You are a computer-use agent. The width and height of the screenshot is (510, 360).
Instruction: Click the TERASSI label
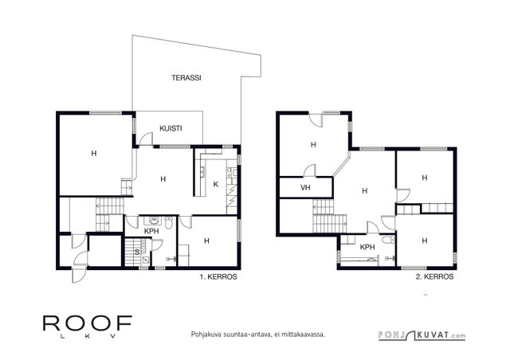click(x=186, y=78)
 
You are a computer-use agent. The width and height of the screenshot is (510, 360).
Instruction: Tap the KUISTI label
click(x=171, y=128)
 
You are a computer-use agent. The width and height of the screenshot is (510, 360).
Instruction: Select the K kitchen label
click(x=216, y=185)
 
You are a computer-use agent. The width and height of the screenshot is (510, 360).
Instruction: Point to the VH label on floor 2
click(x=305, y=188)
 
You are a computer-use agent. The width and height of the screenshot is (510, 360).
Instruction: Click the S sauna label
click(x=137, y=252)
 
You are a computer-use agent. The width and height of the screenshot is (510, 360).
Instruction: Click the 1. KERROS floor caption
click(x=218, y=277)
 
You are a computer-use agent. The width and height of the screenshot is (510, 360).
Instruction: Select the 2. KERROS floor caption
click(x=434, y=276)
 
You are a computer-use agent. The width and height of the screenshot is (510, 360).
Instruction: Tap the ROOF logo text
click(x=88, y=323)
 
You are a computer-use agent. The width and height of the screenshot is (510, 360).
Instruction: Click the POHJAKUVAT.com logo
click(x=422, y=335)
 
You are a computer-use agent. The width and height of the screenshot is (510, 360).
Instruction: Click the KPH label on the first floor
click(x=151, y=231)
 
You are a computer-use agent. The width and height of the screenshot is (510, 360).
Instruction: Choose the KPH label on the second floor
click(x=367, y=247)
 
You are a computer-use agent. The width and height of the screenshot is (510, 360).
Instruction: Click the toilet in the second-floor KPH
click(x=388, y=240)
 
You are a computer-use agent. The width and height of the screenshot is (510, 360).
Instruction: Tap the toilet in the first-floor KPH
click(x=169, y=223)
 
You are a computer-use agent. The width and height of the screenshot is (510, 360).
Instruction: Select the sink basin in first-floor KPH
click(x=153, y=221)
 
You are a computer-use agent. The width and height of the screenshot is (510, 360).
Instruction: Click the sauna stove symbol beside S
click(x=146, y=260)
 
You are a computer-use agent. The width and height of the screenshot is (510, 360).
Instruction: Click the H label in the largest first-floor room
click(x=94, y=154)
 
